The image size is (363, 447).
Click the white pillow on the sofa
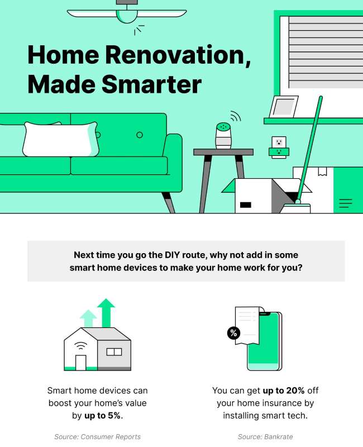coord(61,139)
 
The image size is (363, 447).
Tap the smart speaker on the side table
coord(223,136)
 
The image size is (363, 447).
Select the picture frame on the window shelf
coord(284,107)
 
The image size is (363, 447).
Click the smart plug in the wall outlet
coord(279,152)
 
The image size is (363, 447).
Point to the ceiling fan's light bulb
coord(127,17)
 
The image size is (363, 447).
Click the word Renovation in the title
coord(178,55)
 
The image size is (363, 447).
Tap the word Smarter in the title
coord(151,84)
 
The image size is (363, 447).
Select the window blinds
coord(326,52)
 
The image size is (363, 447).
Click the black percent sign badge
coord(233,332)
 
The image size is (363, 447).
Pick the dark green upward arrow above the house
coord(106,313)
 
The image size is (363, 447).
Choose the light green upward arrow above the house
coord(88,318)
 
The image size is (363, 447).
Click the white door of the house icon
coord(80,363)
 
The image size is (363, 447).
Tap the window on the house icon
coord(114,352)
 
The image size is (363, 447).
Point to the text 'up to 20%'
coord(284,390)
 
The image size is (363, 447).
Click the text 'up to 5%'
coord(102,416)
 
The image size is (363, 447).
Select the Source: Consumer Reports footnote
coord(97,437)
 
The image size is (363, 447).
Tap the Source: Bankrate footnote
coord(265,437)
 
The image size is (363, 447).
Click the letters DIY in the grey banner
coord(173,255)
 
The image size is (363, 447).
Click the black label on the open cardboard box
coord(246,205)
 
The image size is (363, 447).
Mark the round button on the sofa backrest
coord(140,135)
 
